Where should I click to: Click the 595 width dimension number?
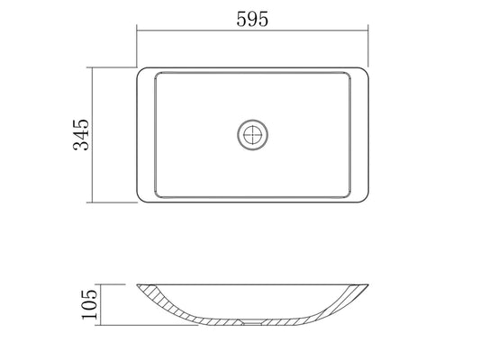[252, 19]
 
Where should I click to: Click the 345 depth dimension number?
[81, 135]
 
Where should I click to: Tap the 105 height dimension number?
[90, 304]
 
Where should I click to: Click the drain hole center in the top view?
[252, 135]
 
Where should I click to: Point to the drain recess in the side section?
[252, 321]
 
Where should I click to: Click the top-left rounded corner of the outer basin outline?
[140, 70]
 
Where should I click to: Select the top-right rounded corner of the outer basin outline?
[366, 70]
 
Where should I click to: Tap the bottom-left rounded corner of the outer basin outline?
[140, 200]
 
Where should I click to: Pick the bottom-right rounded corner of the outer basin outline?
[366, 200]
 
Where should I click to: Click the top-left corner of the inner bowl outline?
[157, 75]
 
